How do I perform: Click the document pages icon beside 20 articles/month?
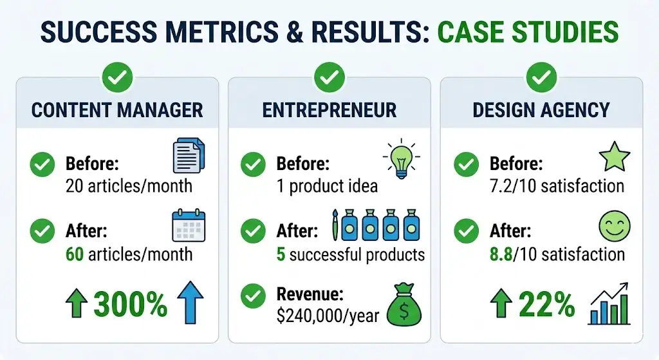click(189, 157)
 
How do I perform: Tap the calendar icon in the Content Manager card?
click(189, 227)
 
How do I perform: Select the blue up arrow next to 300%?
click(190, 301)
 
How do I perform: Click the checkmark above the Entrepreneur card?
click(329, 79)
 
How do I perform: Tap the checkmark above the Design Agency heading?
click(541, 79)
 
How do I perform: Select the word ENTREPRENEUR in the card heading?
click(329, 110)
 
